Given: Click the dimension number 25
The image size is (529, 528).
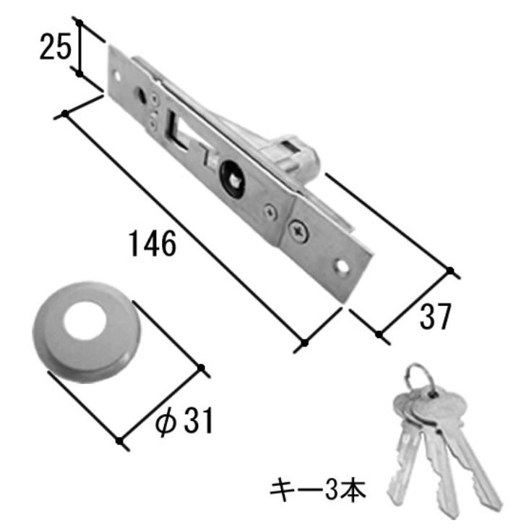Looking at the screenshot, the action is click(x=56, y=46).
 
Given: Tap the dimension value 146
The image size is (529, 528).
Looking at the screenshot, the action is click(x=152, y=243).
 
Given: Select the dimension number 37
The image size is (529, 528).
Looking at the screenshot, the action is click(x=435, y=316).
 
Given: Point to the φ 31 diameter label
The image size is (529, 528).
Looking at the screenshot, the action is click(x=184, y=420).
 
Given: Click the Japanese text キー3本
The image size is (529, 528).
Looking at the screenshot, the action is click(x=317, y=490).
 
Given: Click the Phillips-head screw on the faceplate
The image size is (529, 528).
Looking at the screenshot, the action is click(x=299, y=231).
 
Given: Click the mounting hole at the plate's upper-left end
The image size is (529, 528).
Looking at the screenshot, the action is click(x=117, y=75).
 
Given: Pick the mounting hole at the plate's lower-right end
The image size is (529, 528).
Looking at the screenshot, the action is click(x=341, y=267).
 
